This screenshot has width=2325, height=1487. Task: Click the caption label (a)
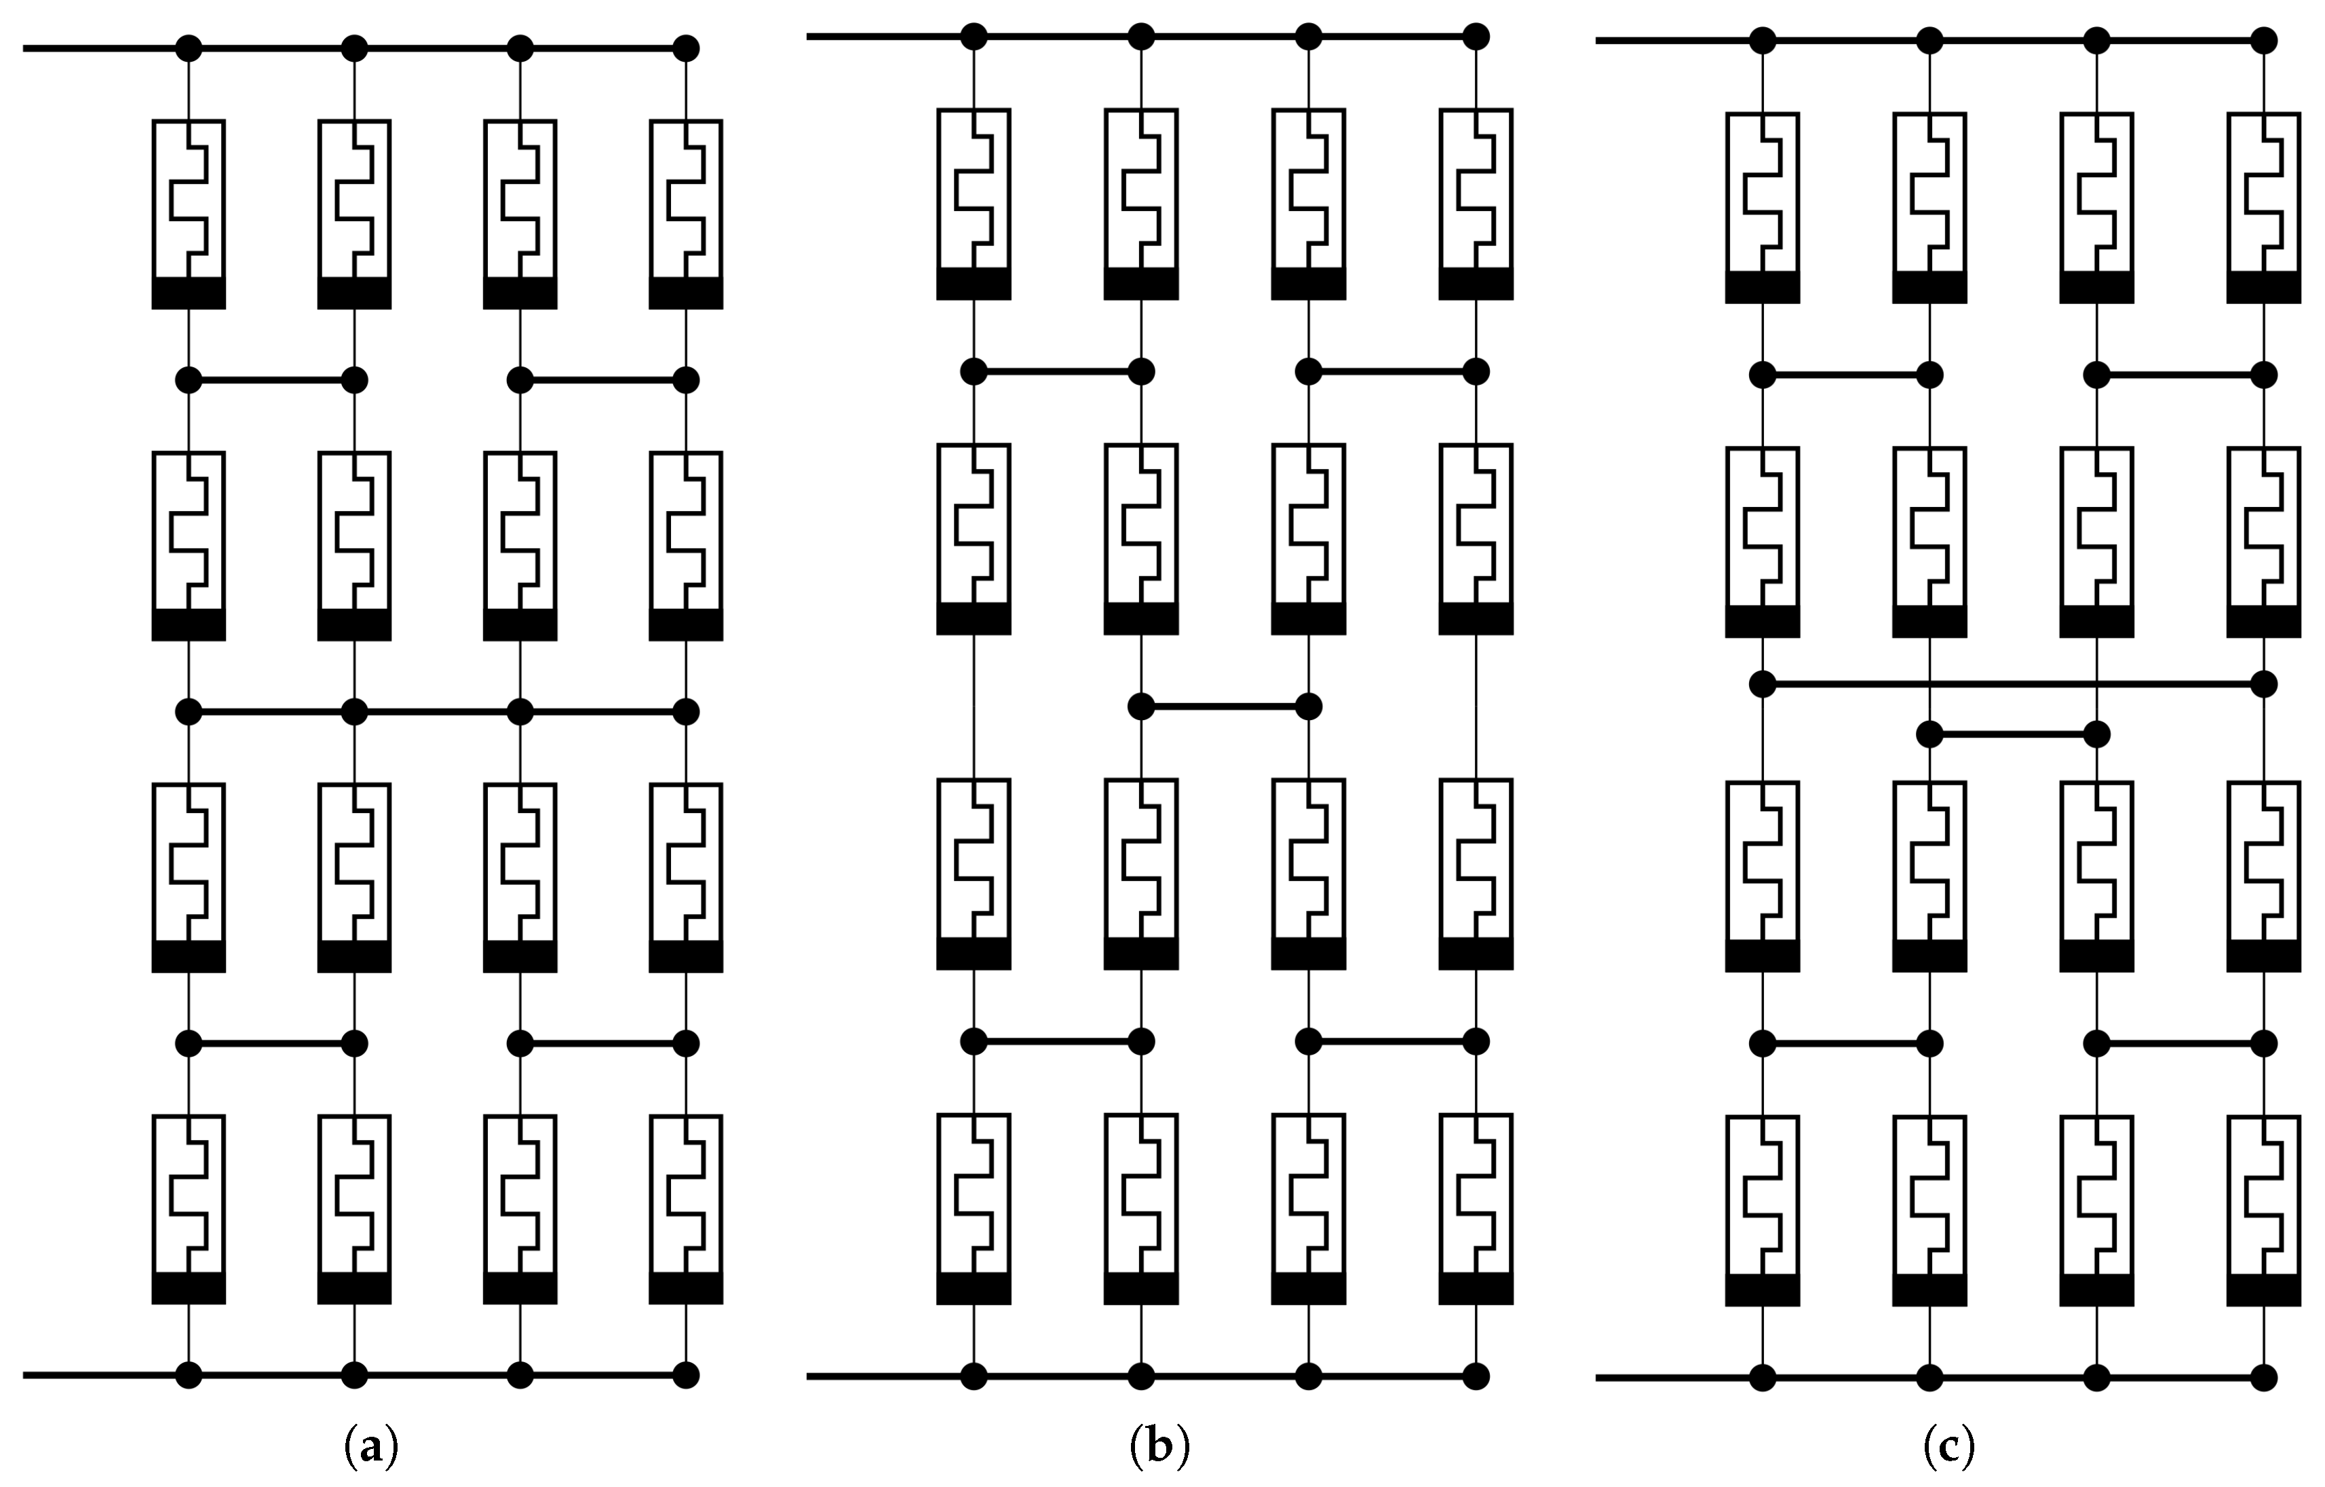[370, 1448]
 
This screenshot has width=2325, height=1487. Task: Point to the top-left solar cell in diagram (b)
[974, 203]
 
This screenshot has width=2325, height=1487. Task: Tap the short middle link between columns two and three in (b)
[1225, 707]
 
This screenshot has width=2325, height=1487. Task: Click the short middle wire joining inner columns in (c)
[2013, 736]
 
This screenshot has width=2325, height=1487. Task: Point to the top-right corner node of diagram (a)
[685, 48]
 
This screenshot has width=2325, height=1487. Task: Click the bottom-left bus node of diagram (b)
[974, 1376]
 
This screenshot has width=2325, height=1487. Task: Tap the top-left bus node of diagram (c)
[1763, 41]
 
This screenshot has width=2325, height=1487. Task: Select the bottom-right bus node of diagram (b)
[1476, 1376]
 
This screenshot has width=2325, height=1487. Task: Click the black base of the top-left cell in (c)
[1763, 288]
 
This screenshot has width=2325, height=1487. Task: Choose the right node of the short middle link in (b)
[1308, 707]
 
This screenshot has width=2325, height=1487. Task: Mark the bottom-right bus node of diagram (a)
[685, 1374]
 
